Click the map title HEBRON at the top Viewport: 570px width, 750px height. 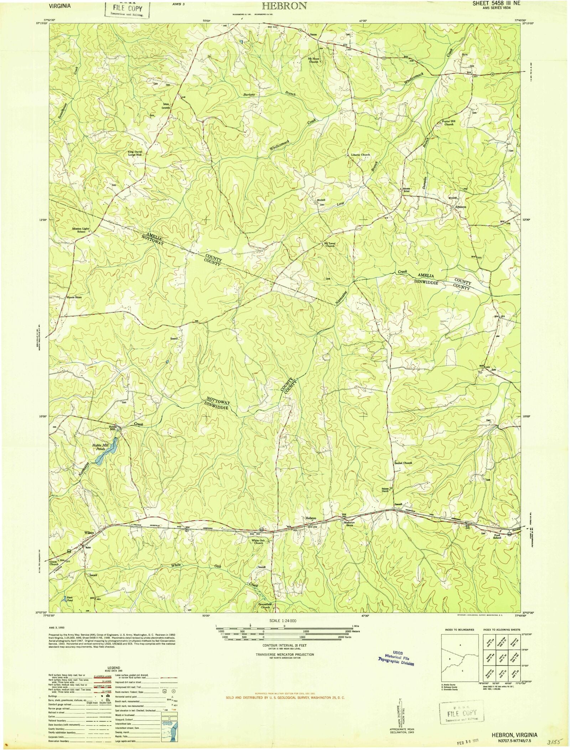(285, 6)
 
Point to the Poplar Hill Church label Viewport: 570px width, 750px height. (449, 123)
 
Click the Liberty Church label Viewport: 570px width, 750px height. (361, 155)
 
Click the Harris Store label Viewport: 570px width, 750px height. (74, 297)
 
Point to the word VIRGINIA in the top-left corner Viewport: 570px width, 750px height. (60, 6)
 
